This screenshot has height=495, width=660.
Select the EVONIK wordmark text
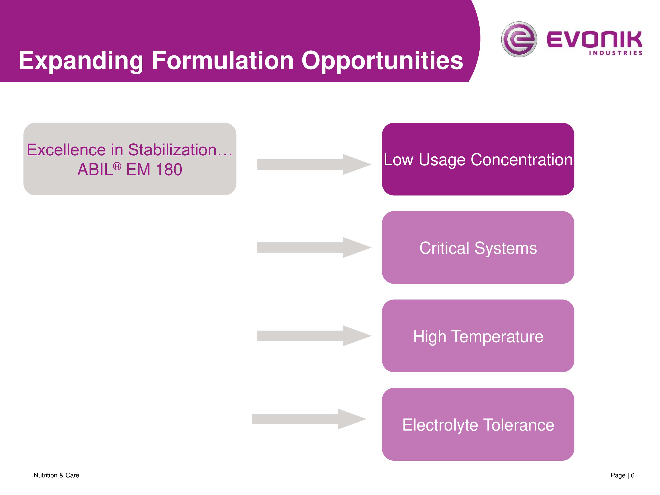tap(594, 39)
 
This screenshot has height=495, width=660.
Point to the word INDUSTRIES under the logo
tap(615, 53)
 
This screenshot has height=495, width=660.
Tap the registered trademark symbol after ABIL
tap(117, 166)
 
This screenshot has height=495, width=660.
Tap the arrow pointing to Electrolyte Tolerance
tap(309, 419)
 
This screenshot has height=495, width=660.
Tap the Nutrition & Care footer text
tap(56, 475)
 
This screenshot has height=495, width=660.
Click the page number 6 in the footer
tap(632, 475)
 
